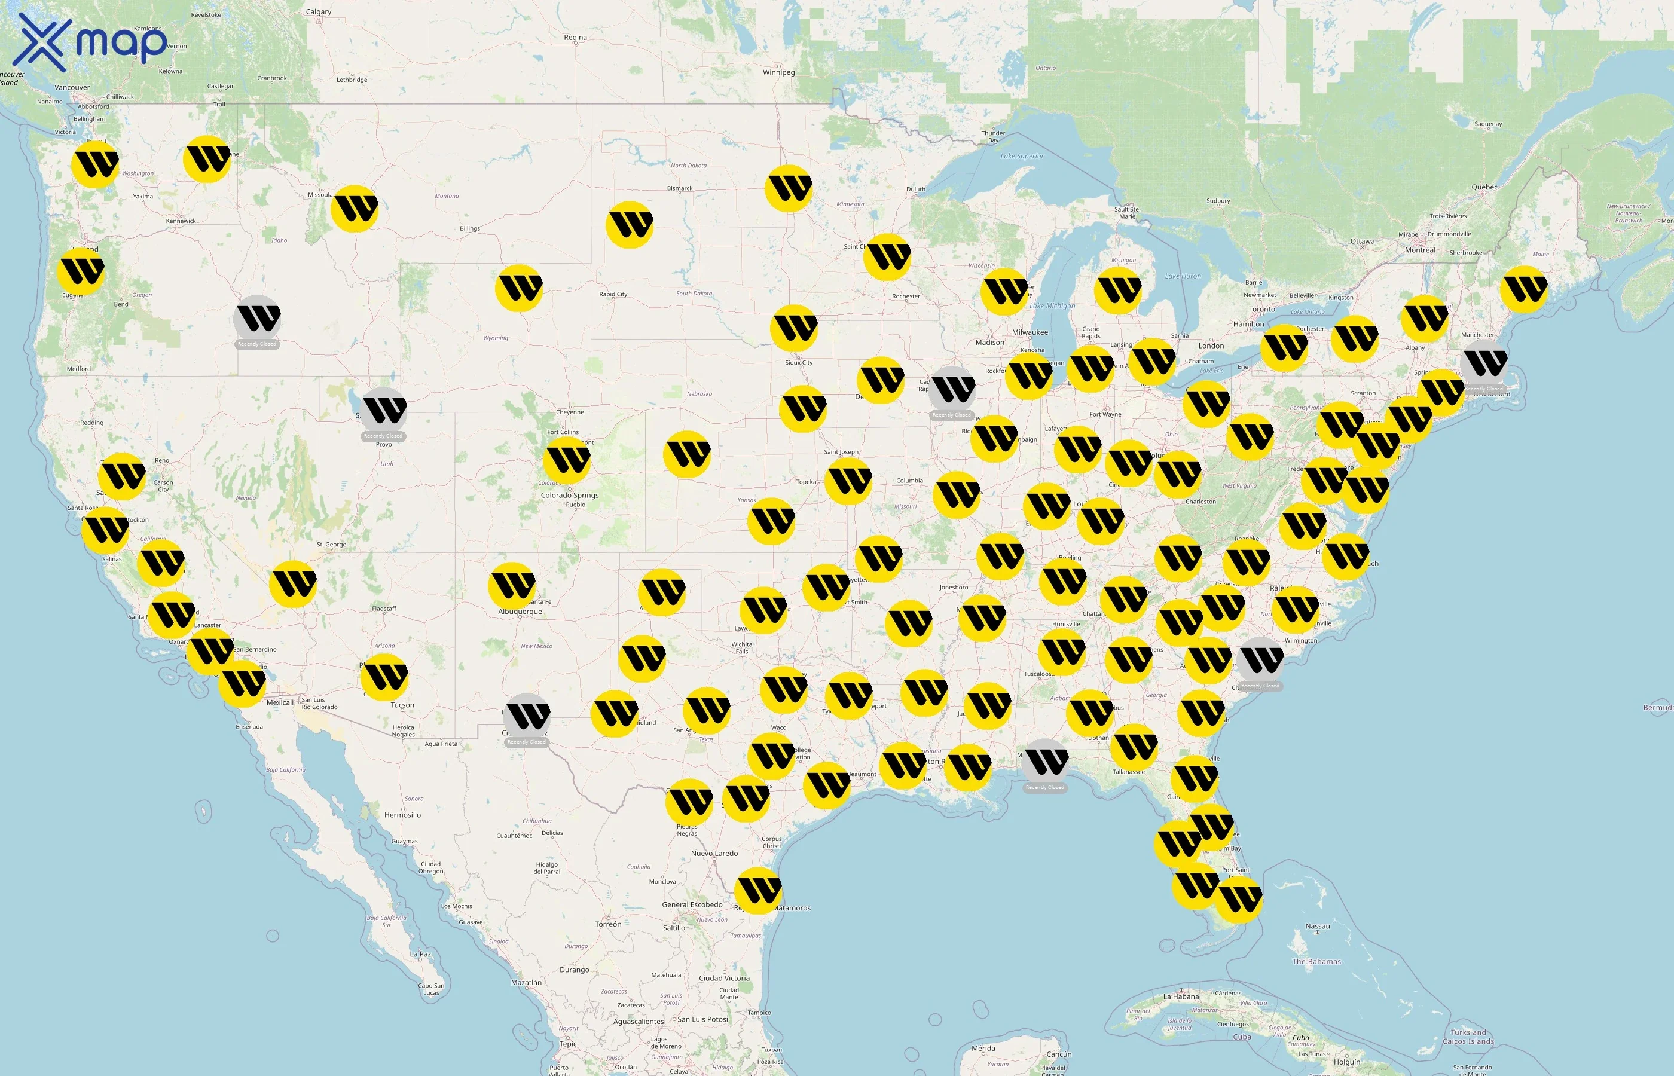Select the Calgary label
(319, 12)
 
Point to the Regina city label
(575, 38)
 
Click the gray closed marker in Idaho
(257, 319)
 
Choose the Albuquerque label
(520, 612)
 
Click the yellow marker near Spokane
(207, 159)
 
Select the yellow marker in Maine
(1524, 289)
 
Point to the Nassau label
(1317, 927)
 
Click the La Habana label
(1181, 996)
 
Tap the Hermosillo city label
(402, 815)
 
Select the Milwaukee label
(1030, 332)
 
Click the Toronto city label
(1262, 310)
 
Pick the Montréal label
(1420, 250)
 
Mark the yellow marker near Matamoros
(758, 891)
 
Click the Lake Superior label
(1022, 157)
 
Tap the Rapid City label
(613, 294)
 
